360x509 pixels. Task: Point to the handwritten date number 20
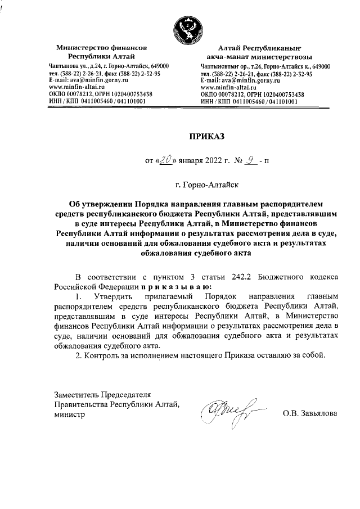pyautogui.click(x=166, y=160)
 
